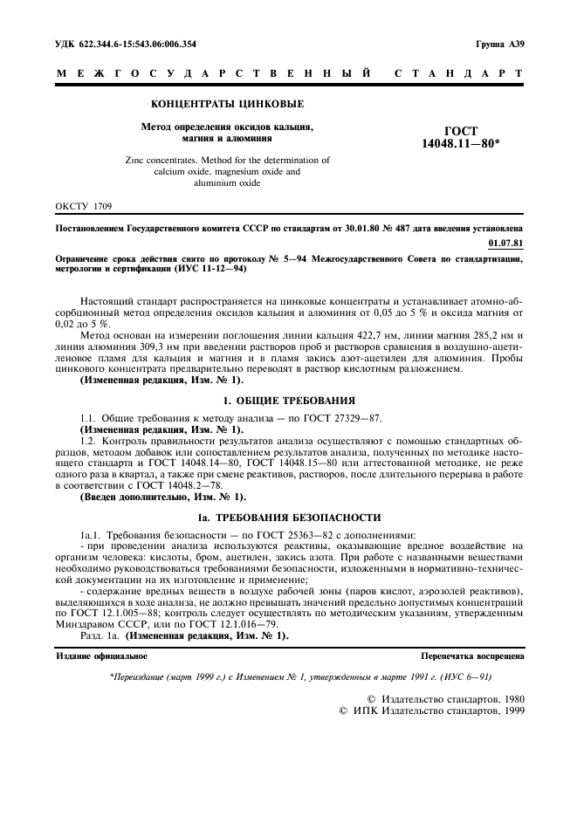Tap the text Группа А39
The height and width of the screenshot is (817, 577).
pos(499,43)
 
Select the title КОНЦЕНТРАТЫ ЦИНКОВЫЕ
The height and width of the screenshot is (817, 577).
pos(228,105)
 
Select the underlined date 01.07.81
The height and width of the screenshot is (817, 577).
pos(507,242)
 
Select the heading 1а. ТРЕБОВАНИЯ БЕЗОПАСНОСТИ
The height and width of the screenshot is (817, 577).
pos(289,517)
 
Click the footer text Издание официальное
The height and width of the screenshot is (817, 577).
pos(102,655)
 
